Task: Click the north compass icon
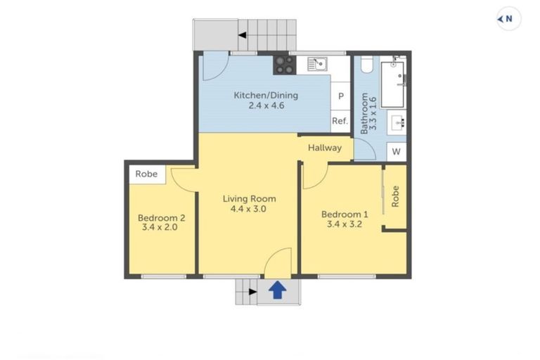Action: (x=508, y=19)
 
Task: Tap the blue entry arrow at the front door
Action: (x=278, y=290)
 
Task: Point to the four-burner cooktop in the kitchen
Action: (x=284, y=65)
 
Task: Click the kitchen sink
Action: (x=317, y=65)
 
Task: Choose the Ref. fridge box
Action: (x=340, y=121)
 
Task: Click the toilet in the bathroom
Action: (x=364, y=65)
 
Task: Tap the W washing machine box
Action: (x=397, y=151)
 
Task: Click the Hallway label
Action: (x=325, y=148)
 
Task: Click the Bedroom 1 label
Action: (x=345, y=214)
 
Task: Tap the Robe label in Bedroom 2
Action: (x=146, y=174)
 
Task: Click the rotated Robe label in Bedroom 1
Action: (x=396, y=195)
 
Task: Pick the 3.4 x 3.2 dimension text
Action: (x=345, y=226)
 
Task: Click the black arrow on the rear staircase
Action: (x=242, y=34)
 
